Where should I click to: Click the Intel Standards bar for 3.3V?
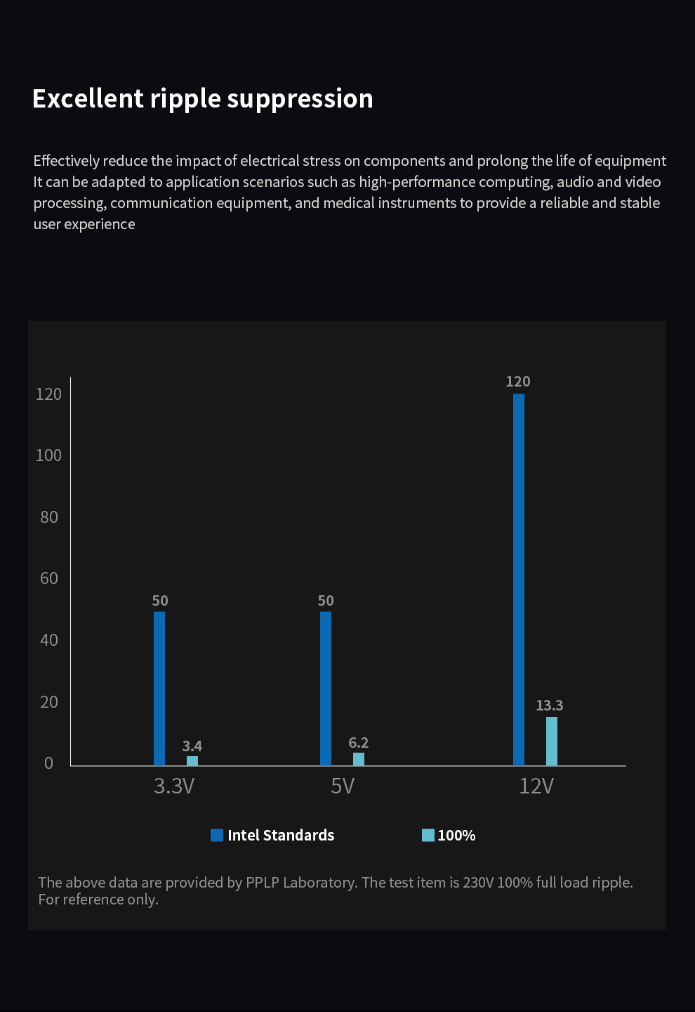click(159, 688)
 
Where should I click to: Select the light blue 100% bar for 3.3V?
click(192, 760)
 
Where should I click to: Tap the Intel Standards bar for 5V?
click(326, 688)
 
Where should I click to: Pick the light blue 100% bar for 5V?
click(359, 759)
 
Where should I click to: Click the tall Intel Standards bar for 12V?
click(519, 579)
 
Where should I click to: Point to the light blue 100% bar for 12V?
click(552, 741)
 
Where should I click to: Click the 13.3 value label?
click(550, 705)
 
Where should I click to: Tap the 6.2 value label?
click(359, 742)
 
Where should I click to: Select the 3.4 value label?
click(192, 746)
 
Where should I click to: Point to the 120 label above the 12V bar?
click(518, 381)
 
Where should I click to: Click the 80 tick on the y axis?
click(49, 517)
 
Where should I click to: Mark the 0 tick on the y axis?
click(48, 763)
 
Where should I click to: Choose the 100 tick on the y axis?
click(48, 455)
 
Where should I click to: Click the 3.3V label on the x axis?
click(174, 786)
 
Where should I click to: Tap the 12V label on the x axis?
click(536, 786)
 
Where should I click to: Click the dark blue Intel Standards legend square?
click(217, 835)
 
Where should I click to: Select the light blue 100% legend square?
click(428, 835)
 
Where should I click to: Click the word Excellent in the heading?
click(88, 98)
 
